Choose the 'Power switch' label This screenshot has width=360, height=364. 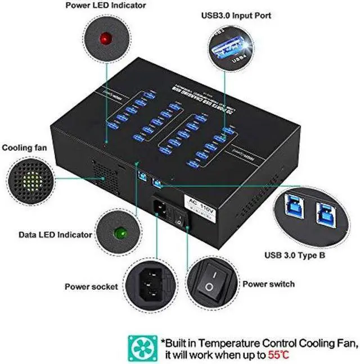tap(268, 284)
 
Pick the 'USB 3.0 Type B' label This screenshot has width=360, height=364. tap(296, 255)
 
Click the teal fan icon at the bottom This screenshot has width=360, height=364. tap(142, 348)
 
